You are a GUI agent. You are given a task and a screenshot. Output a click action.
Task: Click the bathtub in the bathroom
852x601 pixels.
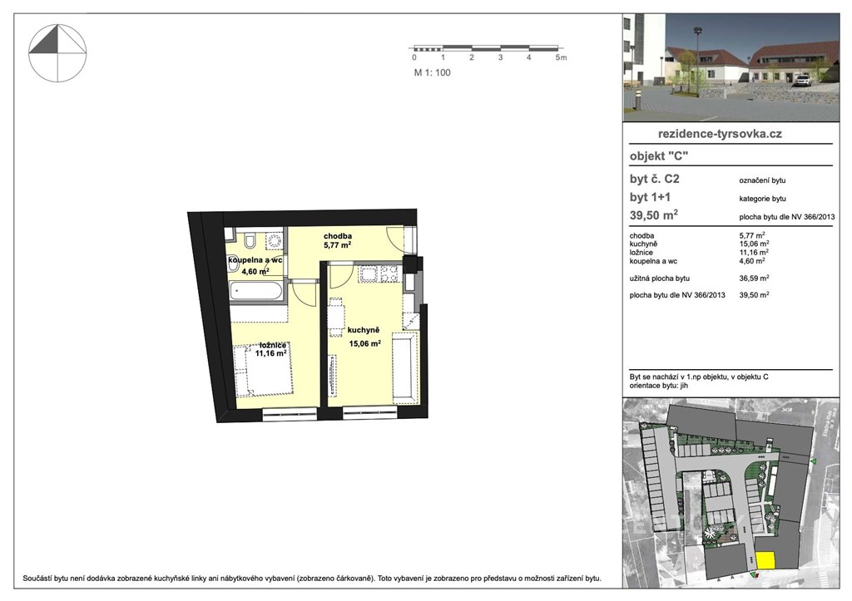point(256,290)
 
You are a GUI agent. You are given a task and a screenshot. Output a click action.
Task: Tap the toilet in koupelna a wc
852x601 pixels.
point(250,239)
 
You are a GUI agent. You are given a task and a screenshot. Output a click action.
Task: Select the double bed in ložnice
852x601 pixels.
point(264,368)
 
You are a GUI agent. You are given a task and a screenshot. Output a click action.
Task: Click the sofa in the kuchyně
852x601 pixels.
point(405,370)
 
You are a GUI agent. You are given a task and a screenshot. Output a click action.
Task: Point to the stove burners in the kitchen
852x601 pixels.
point(390,273)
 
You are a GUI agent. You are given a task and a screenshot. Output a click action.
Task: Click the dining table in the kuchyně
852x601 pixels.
point(337,317)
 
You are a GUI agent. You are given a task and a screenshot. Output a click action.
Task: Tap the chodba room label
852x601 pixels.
point(338,236)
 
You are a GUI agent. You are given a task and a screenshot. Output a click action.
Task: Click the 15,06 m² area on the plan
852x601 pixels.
point(364,343)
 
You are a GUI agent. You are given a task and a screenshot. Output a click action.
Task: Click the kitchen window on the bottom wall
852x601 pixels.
point(369,414)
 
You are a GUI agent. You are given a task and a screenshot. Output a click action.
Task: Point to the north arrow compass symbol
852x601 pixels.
point(57,53)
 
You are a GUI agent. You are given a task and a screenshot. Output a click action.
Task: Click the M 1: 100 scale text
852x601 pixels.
point(433,73)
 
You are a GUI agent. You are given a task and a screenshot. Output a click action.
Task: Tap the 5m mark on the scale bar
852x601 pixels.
point(562,57)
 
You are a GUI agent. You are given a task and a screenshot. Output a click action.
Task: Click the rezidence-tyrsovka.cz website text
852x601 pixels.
point(720,134)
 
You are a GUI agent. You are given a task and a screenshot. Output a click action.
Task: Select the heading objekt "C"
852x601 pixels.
point(659,156)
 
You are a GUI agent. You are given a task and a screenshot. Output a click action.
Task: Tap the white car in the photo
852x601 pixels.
point(803,81)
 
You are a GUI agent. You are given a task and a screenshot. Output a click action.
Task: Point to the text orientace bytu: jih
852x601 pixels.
point(659,386)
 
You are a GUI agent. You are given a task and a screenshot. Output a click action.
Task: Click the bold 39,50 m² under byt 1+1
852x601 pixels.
point(654,215)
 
